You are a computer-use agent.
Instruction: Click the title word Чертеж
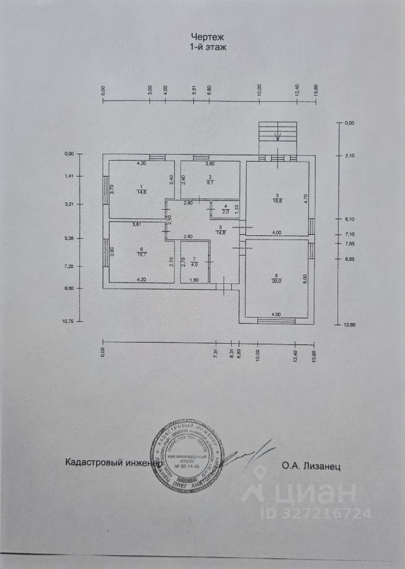coord(203,36)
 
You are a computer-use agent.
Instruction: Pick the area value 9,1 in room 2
coord(209,183)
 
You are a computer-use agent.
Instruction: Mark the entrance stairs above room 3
coord(277,137)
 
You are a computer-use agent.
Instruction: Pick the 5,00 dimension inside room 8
coord(305,276)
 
